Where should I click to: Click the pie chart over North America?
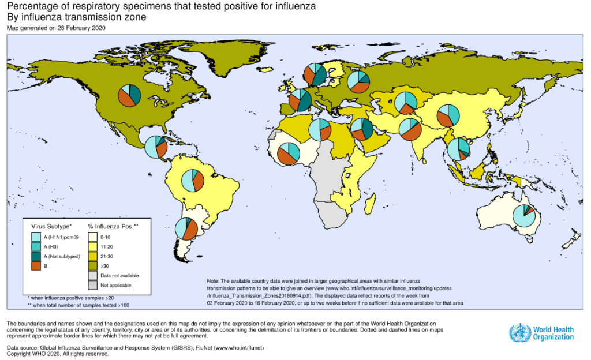tap(130, 95)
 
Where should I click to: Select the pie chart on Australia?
tap(524, 216)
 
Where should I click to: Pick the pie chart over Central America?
tap(155, 147)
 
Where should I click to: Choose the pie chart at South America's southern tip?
tap(186, 229)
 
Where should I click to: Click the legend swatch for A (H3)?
tap(36, 246)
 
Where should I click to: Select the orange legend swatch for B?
tap(36, 266)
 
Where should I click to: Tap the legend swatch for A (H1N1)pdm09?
tap(36, 237)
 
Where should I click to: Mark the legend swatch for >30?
tap(92, 266)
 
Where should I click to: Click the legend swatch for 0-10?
tap(92, 237)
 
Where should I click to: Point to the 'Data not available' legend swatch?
tap(92, 276)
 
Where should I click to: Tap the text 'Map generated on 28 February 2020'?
tap(56, 28)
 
